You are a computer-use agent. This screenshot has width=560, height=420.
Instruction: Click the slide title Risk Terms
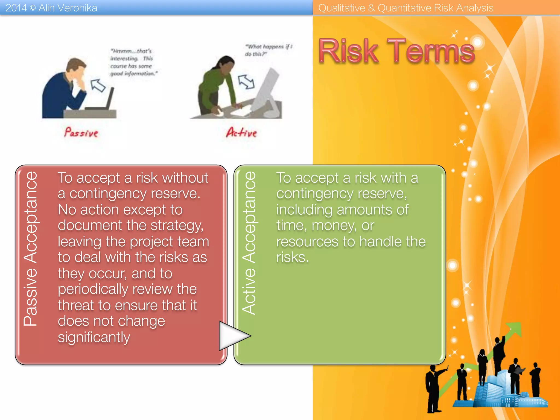(x=396, y=51)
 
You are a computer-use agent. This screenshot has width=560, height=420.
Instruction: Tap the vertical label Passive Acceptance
(x=31, y=249)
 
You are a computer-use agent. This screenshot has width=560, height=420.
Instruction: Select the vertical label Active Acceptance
(x=249, y=243)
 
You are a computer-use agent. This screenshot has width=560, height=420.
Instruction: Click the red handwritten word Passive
(x=81, y=133)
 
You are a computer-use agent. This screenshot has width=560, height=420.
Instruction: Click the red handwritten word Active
(x=241, y=133)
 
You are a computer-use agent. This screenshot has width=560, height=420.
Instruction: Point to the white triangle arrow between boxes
(x=232, y=336)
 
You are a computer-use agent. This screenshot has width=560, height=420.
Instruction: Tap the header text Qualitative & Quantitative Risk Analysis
(x=406, y=8)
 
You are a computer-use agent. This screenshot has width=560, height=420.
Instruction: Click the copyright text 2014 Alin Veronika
(x=51, y=8)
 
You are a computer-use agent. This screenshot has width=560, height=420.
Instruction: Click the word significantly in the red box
(x=94, y=337)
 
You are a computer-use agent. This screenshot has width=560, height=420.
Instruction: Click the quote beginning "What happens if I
(x=269, y=50)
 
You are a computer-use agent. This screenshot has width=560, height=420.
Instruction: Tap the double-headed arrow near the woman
(x=246, y=81)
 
